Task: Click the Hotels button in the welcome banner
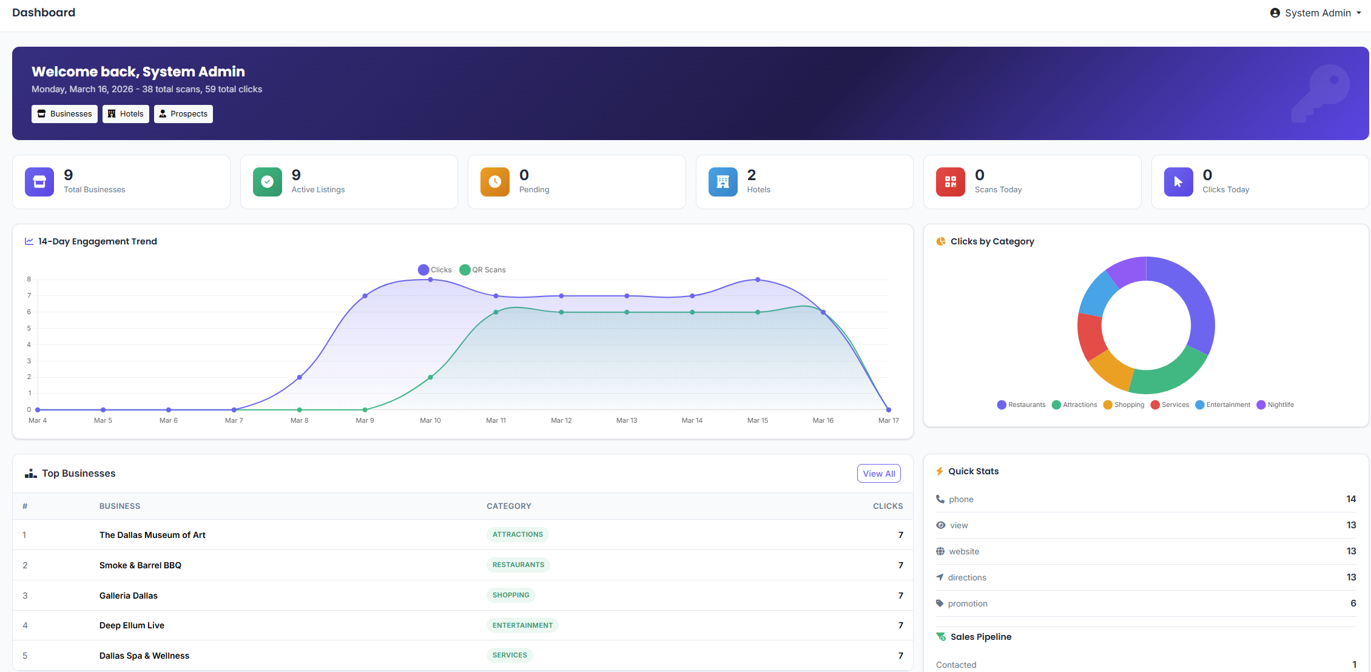click(126, 114)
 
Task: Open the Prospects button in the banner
click(183, 114)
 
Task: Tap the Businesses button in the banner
click(64, 114)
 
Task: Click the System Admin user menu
click(1315, 13)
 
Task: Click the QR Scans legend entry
click(483, 270)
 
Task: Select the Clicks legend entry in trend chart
click(435, 270)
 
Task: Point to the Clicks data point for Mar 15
click(758, 280)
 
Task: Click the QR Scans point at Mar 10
click(431, 377)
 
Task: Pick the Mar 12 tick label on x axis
click(561, 420)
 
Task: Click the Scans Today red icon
click(950, 182)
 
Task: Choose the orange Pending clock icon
click(495, 182)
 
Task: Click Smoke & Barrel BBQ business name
click(140, 565)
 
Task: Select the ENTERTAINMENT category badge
click(522, 625)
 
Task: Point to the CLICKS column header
click(888, 506)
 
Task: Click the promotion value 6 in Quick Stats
click(1353, 603)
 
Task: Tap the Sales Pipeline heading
click(980, 637)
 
